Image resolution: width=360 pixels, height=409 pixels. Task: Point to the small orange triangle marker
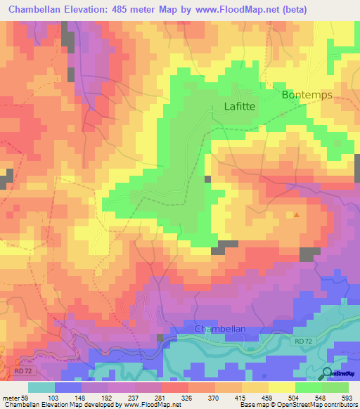(296, 215)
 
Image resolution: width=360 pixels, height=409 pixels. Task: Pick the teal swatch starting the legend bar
(41, 387)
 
